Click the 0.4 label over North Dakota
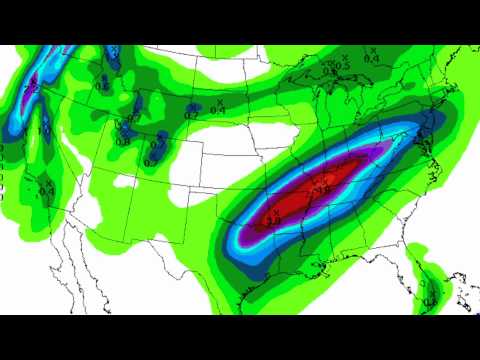click(x=218, y=107)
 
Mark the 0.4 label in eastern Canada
click(x=371, y=57)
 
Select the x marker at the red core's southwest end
click(x=268, y=212)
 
